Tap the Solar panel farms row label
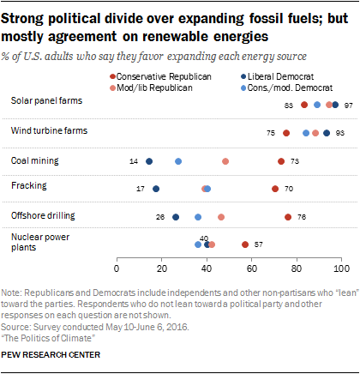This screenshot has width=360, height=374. [x=40, y=100]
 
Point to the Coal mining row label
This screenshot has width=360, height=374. [x=32, y=160]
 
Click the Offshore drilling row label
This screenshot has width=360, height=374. [x=39, y=214]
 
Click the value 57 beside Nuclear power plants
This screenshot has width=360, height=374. [x=258, y=244]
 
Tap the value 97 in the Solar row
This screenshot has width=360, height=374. [x=349, y=105]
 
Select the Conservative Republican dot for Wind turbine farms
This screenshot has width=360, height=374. [x=285, y=133]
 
